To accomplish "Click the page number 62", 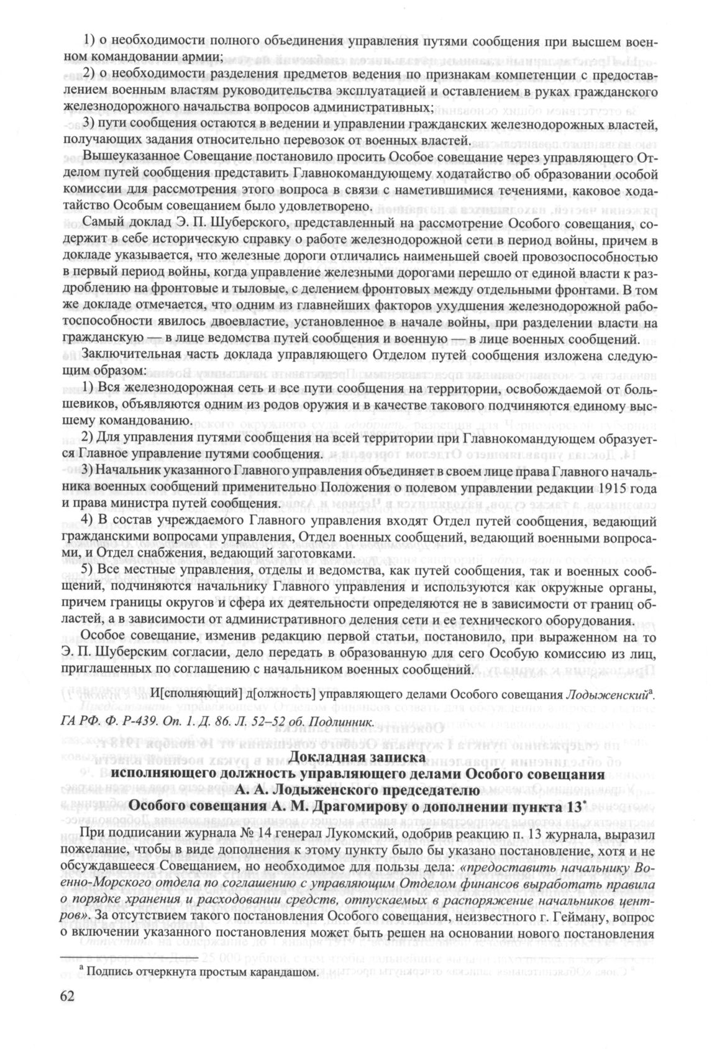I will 66,995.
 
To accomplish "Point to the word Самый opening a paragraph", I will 103,222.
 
